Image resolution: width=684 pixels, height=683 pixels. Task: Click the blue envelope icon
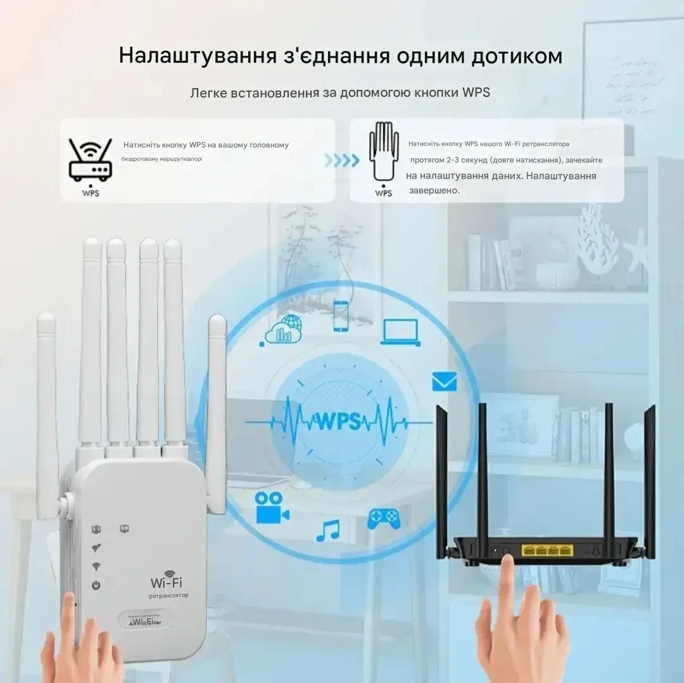tap(444, 381)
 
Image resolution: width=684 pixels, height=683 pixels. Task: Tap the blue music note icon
tap(328, 530)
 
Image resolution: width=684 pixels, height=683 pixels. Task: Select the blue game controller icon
tap(384, 518)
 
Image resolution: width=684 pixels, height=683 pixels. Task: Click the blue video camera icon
tap(272, 508)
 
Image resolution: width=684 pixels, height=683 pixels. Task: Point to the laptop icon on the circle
tap(401, 332)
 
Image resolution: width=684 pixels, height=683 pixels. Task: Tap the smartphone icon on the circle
tap(341, 315)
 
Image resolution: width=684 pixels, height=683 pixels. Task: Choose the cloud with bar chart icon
tap(283, 330)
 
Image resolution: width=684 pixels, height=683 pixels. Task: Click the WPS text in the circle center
tap(338, 420)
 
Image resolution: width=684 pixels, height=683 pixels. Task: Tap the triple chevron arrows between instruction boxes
tap(342, 161)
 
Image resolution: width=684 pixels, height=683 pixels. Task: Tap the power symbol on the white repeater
tap(96, 586)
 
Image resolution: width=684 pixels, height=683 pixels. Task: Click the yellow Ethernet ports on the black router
tap(547, 550)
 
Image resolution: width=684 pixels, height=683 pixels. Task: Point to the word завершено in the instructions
tap(434, 190)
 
